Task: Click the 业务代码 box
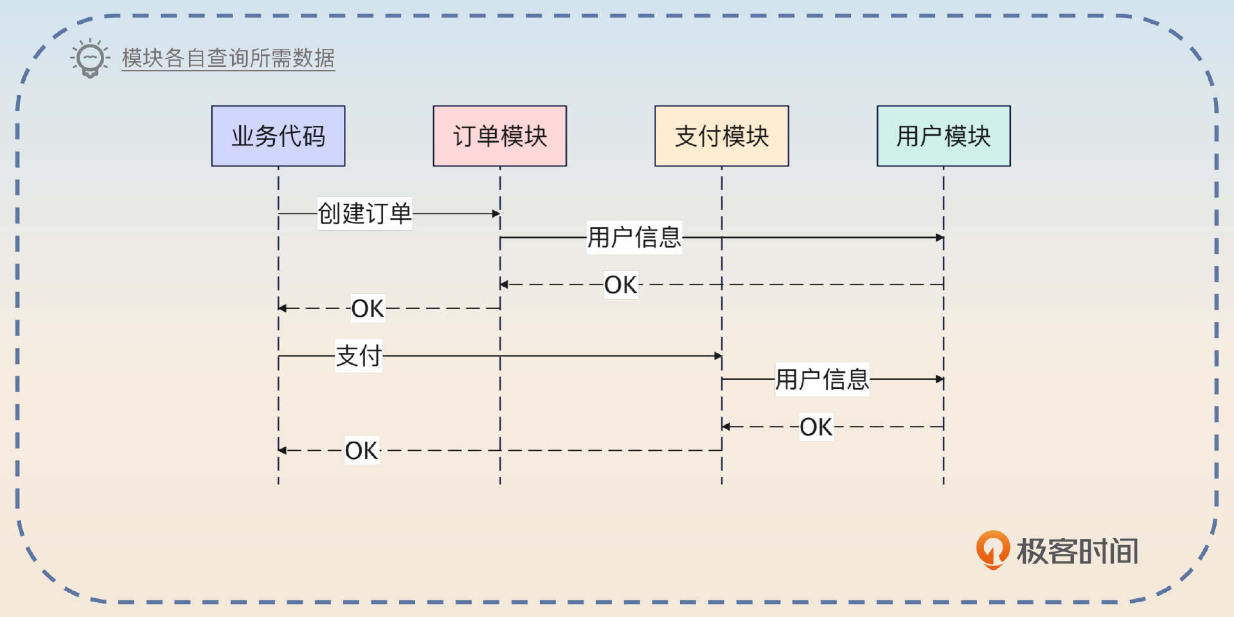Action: click(x=278, y=136)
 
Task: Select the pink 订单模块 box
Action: click(x=500, y=136)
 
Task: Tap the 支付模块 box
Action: click(x=722, y=136)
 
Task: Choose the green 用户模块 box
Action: click(x=943, y=136)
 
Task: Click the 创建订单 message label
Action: click(x=364, y=213)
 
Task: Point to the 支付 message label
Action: click(x=359, y=356)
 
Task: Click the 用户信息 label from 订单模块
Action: click(x=634, y=237)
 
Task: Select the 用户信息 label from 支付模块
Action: click(x=821, y=379)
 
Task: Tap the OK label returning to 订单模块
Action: click(x=621, y=285)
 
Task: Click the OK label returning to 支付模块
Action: click(x=816, y=427)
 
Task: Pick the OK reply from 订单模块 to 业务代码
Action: click(x=368, y=308)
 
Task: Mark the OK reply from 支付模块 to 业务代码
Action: click(x=362, y=451)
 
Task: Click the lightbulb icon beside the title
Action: click(x=90, y=58)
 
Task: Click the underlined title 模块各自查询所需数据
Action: click(x=228, y=58)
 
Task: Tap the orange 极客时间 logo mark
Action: click(x=992, y=550)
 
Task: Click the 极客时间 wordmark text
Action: click(x=1077, y=551)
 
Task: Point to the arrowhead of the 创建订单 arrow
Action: click(x=496, y=213)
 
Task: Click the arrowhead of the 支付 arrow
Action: click(x=718, y=356)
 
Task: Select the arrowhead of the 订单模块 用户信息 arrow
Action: click(x=940, y=238)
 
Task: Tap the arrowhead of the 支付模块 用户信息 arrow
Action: click(x=940, y=379)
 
